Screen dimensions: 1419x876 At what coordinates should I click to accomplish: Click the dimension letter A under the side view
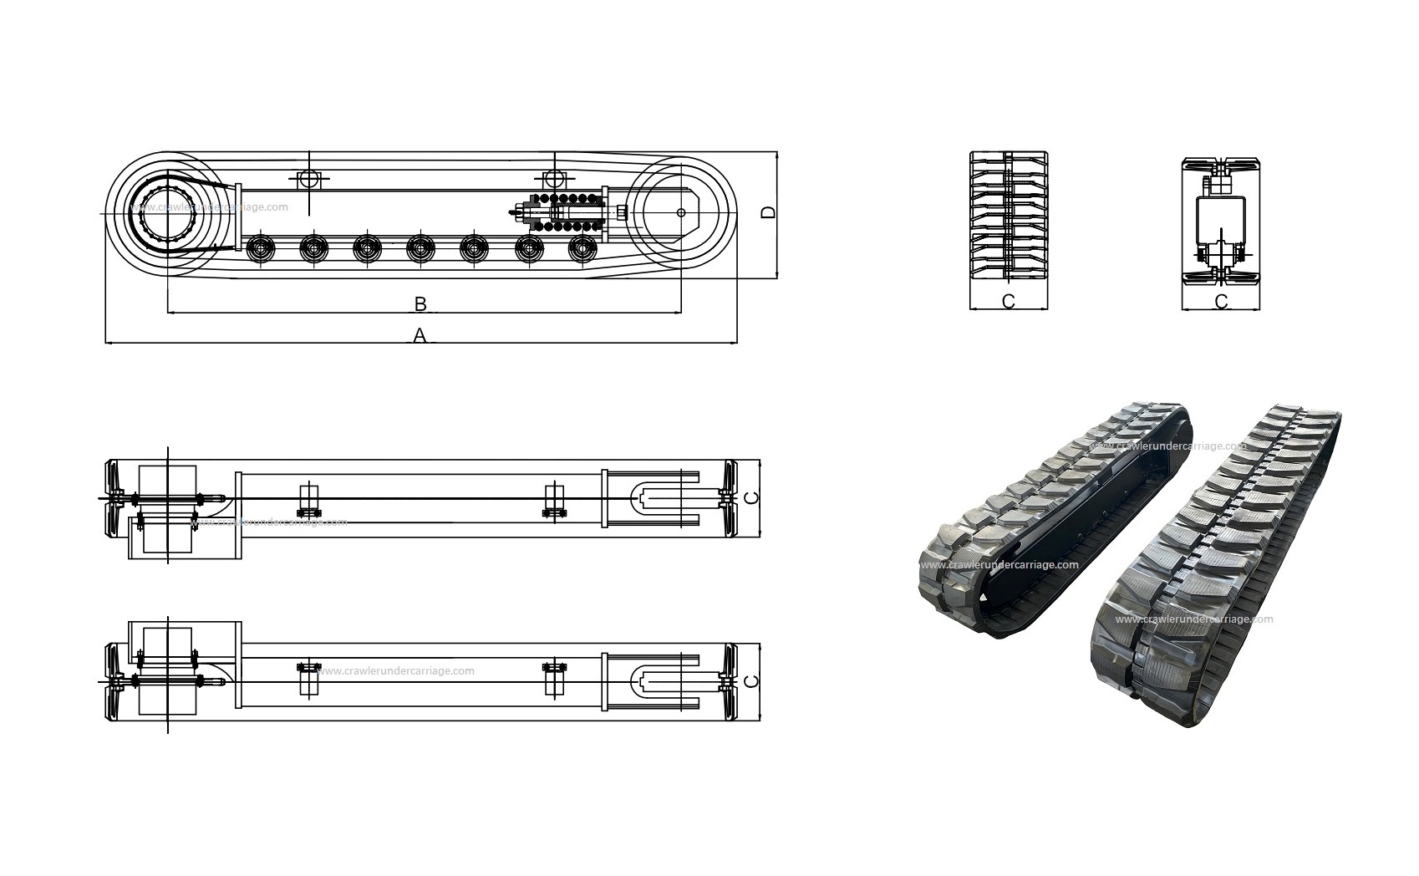[x=420, y=335]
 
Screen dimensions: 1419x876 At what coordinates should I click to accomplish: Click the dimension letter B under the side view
[x=420, y=304]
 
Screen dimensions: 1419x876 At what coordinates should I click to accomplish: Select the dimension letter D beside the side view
[x=768, y=212]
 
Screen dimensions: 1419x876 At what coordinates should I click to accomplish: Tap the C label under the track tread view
[x=1009, y=302]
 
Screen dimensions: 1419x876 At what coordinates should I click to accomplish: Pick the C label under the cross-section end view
[x=1221, y=302]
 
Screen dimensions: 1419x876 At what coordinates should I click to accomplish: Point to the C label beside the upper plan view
[x=751, y=498]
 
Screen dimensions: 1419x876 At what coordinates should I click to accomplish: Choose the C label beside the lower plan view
[x=751, y=681]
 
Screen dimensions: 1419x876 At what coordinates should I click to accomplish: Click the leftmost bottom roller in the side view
[x=261, y=248]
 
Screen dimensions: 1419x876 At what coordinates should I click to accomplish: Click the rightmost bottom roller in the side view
[x=582, y=248]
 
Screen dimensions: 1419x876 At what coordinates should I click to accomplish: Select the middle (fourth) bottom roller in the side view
[x=421, y=248]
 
